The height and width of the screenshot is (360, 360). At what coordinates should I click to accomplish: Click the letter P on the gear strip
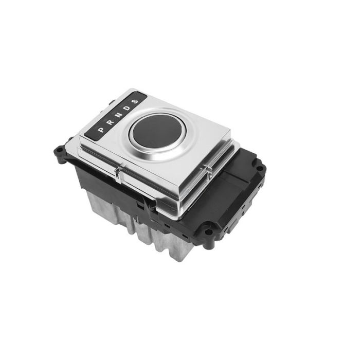click(x=101, y=130)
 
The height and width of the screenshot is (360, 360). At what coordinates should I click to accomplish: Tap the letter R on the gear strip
click(x=110, y=122)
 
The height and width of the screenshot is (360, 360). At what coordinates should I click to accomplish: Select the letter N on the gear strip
click(x=118, y=115)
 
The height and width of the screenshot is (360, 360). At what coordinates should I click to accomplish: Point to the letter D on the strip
click(x=127, y=109)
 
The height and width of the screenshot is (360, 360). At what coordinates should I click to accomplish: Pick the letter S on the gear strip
click(x=135, y=102)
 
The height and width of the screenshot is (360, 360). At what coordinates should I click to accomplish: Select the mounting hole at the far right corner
click(x=260, y=168)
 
